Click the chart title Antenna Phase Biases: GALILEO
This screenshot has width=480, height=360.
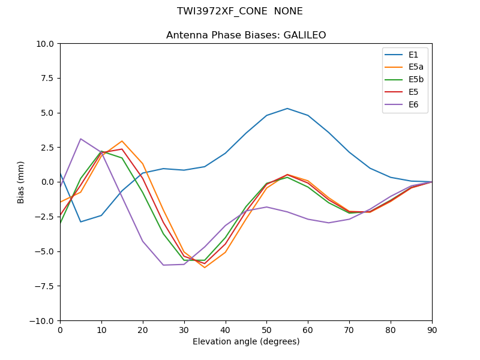tap(246, 35)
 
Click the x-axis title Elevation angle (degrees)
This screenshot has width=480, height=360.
tap(246, 342)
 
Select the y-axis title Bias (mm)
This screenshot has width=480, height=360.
tap(21, 182)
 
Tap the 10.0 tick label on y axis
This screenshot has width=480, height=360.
tap(44, 44)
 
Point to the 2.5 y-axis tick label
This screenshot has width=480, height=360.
tap(47, 148)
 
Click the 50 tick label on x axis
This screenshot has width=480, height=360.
tap(266, 330)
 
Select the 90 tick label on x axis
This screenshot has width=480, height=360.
tap(432, 330)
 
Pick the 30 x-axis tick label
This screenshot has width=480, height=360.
tap(184, 330)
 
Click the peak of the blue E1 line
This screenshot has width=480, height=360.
tap(287, 109)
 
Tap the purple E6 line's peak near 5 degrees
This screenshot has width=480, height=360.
tap(80, 139)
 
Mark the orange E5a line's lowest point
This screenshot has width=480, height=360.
tap(205, 267)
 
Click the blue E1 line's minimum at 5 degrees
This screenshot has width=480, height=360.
tap(80, 222)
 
